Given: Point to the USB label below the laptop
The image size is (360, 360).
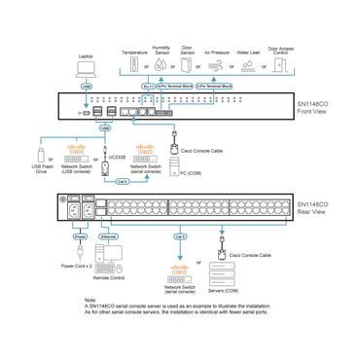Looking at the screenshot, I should coord(88,86).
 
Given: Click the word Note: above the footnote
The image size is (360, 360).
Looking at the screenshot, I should coord(120,327).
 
